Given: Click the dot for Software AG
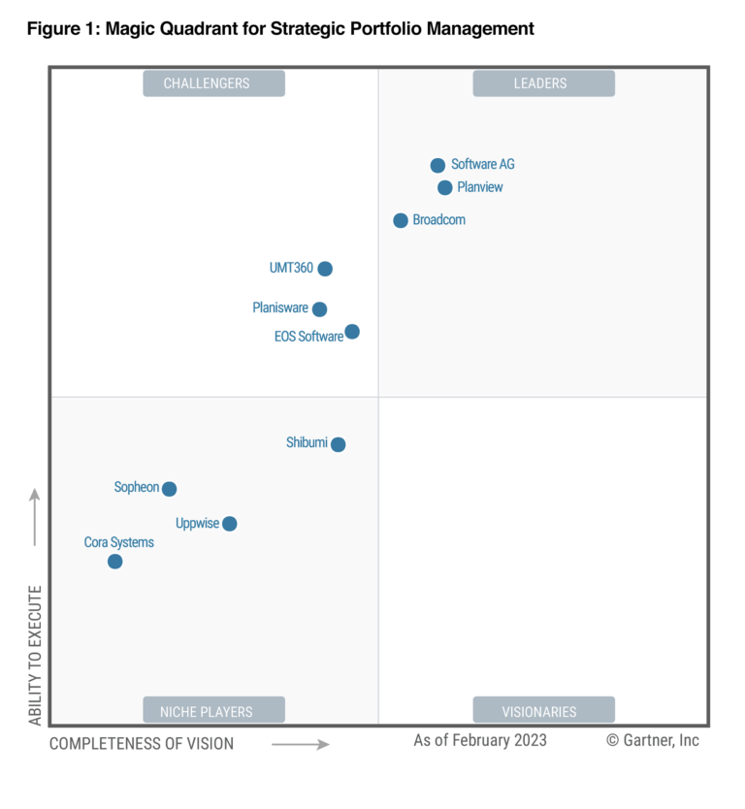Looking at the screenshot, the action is pyautogui.click(x=437, y=165).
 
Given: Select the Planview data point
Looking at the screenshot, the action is pyautogui.click(x=444, y=187).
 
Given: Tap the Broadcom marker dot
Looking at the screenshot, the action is pyautogui.click(x=401, y=220).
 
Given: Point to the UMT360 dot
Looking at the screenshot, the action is pyautogui.click(x=325, y=269).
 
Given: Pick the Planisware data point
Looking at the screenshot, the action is pyautogui.click(x=319, y=309).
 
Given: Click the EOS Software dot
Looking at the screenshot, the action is pyautogui.click(x=352, y=331).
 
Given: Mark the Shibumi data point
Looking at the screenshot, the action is pyautogui.click(x=338, y=444).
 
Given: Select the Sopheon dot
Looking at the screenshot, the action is pyautogui.click(x=169, y=489).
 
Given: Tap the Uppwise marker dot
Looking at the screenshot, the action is pyautogui.click(x=230, y=524).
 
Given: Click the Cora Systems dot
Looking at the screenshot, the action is pyautogui.click(x=115, y=562).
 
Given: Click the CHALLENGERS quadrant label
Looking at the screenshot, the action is pyautogui.click(x=213, y=83).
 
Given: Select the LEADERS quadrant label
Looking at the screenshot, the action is pyautogui.click(x=544, y=83).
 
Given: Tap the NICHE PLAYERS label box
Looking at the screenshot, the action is pyautogui.click(x=213, y=710).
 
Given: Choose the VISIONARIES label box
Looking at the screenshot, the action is pyautogui.click(x=544, y=710).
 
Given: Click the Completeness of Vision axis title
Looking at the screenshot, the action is pyautogui.click(x=142, y=743).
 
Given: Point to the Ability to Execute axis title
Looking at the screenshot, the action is pyautogui.click(x=35, y=655).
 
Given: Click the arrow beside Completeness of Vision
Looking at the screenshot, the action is pyautogui.click(x=301, y=744).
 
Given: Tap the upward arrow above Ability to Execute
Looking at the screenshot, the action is pyautogui.click(x=35, y=516).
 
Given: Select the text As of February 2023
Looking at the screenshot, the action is pyautogui.click(x=480, y=740).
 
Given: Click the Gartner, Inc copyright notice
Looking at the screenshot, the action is pyautogui.click(x=653, y=740).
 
